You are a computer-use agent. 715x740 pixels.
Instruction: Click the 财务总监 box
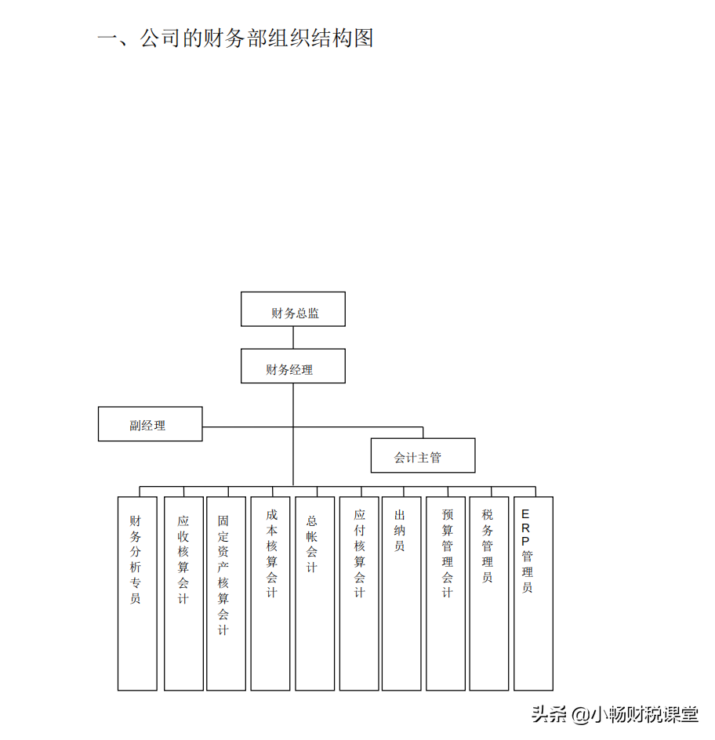pyautogui.click(x=293, y=310)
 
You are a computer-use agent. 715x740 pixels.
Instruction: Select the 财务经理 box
pyautogui.click(x=293, y=367)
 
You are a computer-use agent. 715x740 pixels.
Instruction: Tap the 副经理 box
pyautogui.click(x=150, y=424)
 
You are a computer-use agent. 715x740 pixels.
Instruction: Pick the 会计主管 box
pyautogui.click(x=423, y=455)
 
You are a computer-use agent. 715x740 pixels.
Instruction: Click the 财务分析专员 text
pyautogui.click(x=136, y=560)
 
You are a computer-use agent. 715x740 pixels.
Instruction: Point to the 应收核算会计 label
pyautogui.click(x=183, y=560)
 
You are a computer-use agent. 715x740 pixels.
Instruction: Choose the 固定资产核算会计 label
pyautogui.click(x=223, y=575)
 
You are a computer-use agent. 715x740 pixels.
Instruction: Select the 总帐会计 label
pyautogui.click(x=311, y=544)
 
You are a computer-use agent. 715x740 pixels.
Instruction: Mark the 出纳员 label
pyautogui.click(x=399, y=530)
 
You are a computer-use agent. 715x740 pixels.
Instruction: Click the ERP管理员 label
pyautogui.click(x=527, y=551)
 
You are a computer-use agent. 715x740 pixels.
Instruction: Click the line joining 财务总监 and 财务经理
pyautogui.click(x=293, y=338)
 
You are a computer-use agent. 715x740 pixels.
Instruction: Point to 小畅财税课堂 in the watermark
pyautogui.click(x=644, y=715)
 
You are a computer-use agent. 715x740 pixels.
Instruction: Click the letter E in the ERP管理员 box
pyautogui.click(x=525, y=514)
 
